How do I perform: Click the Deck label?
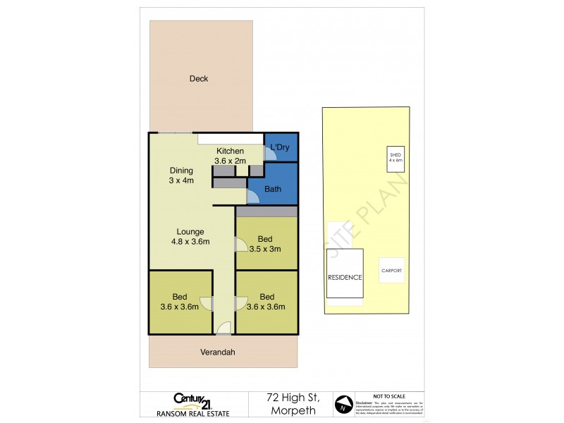199,79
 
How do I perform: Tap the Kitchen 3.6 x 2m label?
230,156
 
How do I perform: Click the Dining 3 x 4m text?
181,176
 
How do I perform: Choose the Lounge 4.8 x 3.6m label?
190,236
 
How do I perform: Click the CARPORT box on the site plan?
391,269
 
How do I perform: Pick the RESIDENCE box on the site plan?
345,277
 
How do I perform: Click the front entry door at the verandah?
223,326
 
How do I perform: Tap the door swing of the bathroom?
254,197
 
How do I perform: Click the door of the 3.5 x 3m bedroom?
240,244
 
